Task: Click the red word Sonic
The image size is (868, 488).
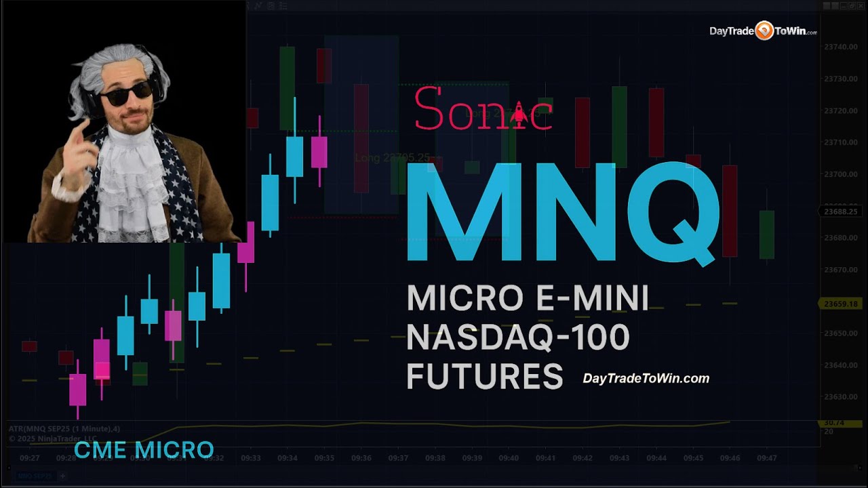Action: [x=483, y=110]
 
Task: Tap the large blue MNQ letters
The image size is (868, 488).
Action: [x=561, y=212]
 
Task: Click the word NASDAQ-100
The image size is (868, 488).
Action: [x=518, y=338]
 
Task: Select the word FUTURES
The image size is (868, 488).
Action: [x=484, y=376]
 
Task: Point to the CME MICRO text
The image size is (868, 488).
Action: [x=144, y=449]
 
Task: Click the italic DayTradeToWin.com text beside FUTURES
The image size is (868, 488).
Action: [x=646, y=379]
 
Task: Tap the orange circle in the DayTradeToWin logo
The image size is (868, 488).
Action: [x=764, y=30]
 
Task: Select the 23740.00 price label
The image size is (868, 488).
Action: [x=840, y=47]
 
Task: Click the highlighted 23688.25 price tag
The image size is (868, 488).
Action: [x=840, y=211]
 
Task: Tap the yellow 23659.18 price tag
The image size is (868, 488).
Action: [x=840, y=304]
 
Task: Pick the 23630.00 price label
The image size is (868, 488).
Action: [x=840, y=397]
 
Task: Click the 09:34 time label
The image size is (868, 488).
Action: [x=288, y=458]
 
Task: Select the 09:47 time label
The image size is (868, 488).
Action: [x=766, y=458]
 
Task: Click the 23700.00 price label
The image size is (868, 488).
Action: [x=840, y=174]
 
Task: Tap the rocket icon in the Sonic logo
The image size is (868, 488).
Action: [x=519, y=113]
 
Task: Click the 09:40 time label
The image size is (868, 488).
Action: [x=509, y=458]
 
